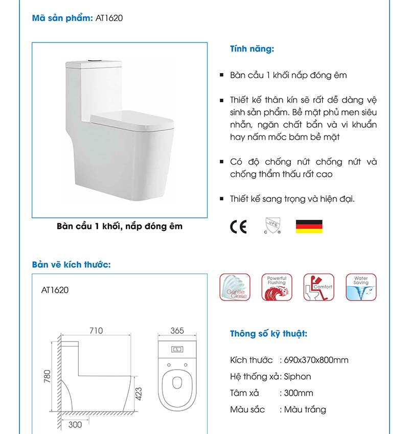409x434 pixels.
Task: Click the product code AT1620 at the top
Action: (109, 18)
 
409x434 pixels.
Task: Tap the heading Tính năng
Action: (252, 50)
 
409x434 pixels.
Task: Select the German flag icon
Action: (309, 226)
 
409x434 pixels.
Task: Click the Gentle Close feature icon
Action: (235, 287)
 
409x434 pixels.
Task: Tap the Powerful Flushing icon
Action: (277, 287)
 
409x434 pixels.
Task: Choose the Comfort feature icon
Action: (319, 287)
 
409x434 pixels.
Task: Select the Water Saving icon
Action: (361, 287)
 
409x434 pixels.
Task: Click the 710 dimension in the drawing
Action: (96, 331)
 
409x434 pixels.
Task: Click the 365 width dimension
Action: (177, 331)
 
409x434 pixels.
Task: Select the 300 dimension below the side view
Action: (75, 425)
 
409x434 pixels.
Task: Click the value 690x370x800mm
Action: (314, 360)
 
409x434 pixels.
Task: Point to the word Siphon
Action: (298, 376)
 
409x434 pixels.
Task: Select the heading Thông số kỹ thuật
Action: (268, 334)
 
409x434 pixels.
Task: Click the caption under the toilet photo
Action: (120, 226)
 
